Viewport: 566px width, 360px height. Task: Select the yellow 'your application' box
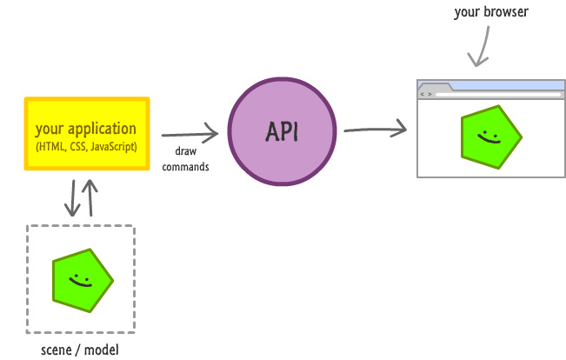(87, 134)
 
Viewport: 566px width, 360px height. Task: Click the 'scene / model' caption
(80, 350)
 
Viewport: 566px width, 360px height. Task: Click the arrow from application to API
(190, 134)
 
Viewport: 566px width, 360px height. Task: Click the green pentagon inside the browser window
(490, 137)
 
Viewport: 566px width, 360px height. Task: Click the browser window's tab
(434, 86)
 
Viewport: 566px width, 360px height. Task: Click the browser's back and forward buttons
(425, 93)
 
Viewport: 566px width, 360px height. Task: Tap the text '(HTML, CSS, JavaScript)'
(87, 146)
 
